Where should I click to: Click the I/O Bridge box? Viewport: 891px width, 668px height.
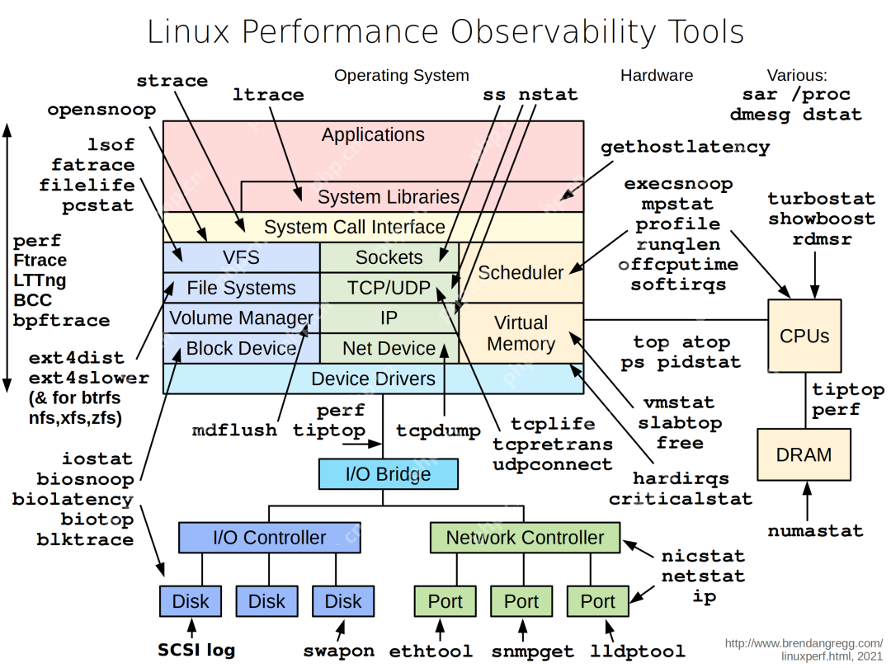click(x=388, y=474)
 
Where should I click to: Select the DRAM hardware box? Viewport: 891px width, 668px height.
click(x=804, y=455)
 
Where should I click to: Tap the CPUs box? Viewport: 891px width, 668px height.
click(x=804, y=336)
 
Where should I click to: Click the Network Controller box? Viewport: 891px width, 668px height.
click(x=525, y=538)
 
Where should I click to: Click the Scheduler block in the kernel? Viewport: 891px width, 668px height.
click(x=521, y=272)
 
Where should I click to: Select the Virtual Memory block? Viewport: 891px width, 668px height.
click(x=521, y=333)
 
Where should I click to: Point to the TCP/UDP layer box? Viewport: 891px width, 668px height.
click(x=389, y=288)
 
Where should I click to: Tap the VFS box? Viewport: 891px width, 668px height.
click(x=241, y=257)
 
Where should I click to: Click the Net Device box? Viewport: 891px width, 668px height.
click(x=389, y=348)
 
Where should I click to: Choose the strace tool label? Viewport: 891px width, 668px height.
click(x=172, y=81)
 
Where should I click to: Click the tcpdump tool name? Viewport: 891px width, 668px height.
click(x=438, y=430)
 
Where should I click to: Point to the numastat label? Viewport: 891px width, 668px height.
click(x=815, y=530)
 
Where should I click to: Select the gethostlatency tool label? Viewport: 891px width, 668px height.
click(x=685, y=148)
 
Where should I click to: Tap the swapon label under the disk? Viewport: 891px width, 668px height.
click(x=339, y=651)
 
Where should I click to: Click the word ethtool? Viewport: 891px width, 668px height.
click(x=431, y=651)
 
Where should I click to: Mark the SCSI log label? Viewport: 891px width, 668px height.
click(x=196, y=650)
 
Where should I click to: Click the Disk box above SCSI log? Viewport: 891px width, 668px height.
click(x=191, y=601)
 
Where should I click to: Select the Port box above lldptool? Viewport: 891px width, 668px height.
click(x=597, y=601)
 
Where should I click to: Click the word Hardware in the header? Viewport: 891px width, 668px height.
click(x=657, y=75)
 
